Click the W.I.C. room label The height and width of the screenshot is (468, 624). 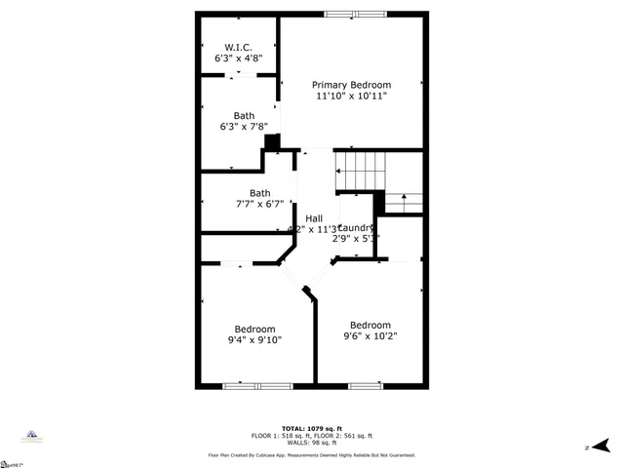click(238, 47)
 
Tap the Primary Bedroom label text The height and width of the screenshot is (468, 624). click(352, 84)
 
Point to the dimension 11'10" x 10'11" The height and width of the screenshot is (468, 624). click(352, 97)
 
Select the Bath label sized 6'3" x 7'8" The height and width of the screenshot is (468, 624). click(244, 115)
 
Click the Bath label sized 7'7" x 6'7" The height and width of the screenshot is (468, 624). click(258, 193)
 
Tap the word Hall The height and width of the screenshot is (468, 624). click(314, 217)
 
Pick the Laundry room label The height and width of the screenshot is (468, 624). click(356, 226)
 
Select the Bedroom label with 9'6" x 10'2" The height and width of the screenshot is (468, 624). click(370, 325)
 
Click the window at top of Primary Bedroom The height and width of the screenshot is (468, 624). click(354, 14)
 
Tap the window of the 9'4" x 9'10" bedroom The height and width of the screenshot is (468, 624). click(258, 386)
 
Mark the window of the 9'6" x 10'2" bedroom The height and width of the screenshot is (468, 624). click(365, 386)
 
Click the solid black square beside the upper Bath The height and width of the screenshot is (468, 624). click(272, 141)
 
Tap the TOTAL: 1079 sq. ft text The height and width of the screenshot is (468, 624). click(312, 427)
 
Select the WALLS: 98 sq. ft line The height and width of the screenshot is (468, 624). click(312, 443)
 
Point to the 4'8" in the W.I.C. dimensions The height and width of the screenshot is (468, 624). click(253, 58)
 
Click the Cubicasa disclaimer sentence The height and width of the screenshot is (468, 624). click(312, 454)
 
